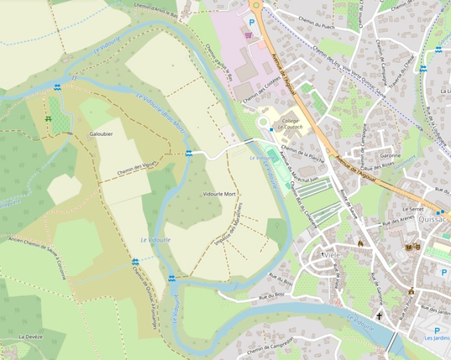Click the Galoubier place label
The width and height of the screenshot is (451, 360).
click(101, 134)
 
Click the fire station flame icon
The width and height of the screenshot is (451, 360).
click(359, 243)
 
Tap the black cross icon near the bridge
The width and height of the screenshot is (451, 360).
click(380, 316)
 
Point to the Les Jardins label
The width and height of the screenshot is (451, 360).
click(436, 338)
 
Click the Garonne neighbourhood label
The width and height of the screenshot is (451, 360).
click(390, 155)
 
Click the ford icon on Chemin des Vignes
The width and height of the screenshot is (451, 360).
click(189, 153)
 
